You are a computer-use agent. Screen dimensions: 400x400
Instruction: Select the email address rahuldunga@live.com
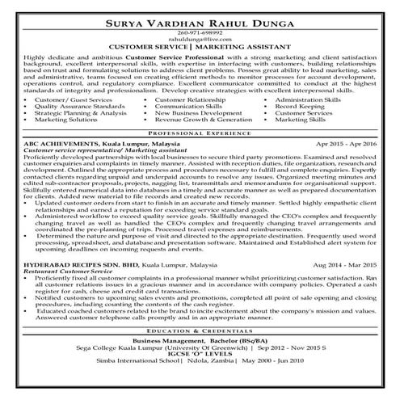click(x=200, y=41)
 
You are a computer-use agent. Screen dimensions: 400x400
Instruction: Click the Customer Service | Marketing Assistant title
click(x=200, y=49)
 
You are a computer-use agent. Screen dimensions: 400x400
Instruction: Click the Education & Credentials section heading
click(x=200, y=331)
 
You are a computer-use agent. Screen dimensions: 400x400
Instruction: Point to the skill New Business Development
click(x=193, y=112)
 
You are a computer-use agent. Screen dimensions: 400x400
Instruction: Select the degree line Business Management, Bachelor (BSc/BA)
click(x=200, y=341)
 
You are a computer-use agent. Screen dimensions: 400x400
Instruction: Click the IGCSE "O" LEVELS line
click(x=200, y=356)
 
